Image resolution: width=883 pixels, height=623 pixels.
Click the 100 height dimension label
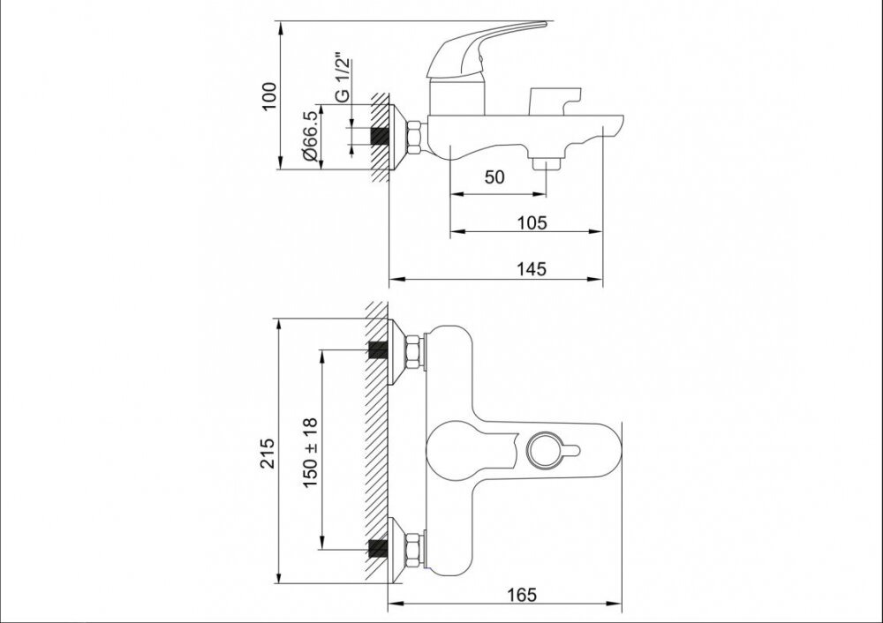(269, 96)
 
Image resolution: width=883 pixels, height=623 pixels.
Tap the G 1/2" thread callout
(342, 78)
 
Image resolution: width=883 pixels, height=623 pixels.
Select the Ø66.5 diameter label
(310, 136)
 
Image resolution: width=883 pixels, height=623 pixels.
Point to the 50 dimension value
(494, 176)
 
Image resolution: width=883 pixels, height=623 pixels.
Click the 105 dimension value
(532, 223)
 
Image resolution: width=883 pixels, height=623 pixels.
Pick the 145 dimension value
(532, 269)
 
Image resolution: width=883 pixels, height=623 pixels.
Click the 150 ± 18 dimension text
(310, 453)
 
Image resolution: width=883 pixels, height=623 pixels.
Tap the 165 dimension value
(522, 594)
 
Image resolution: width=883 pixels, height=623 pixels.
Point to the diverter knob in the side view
(555, 101)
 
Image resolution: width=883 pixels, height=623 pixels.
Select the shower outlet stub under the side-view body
(547, 164)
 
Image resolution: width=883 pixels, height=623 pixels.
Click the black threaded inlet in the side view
(380, 137)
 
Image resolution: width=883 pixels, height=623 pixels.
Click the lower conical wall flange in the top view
(397, 549)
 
